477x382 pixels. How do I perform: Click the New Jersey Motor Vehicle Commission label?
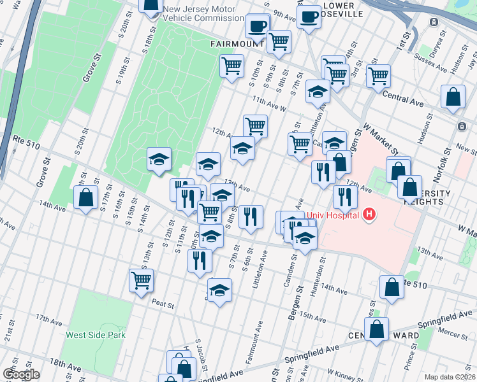pyautogui.click(x=199, y=13)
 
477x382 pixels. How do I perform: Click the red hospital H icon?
pyautogui.click(x=368, y=215)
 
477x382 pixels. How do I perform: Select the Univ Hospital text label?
pyautogui.click(x=332, y=215)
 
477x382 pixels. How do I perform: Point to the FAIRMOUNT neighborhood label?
pyautogui.click(x=233, y=44)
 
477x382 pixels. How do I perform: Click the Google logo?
pyautogui.click(x=21, y=374)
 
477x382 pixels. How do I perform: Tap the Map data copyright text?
pyautogui.click(x=450, y=377)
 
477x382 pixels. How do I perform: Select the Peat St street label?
pyautogui.click(x=163, y=305)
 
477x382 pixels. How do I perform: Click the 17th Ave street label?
pyautogui.click(x=48, y=317)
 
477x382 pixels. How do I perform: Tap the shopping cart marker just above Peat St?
pyautogui.click(x=141, y=279)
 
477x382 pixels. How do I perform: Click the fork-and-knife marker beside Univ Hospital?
pyautogui.click(x=345, y=197)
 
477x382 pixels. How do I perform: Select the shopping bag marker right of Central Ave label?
pyautogui.click(x=453, y=97)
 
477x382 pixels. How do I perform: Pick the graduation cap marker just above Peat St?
pyautogui.click(x=219, y=290)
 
